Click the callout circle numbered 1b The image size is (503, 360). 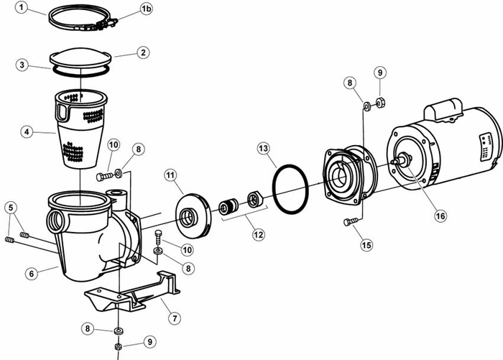pos(146,9)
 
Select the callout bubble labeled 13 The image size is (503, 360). pos(264,148)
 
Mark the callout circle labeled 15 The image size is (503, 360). pos(366,245)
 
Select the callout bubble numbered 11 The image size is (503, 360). pos(170,174)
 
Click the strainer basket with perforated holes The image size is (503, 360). pos(83,128)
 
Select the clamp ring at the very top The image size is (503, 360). pos(83,19)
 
